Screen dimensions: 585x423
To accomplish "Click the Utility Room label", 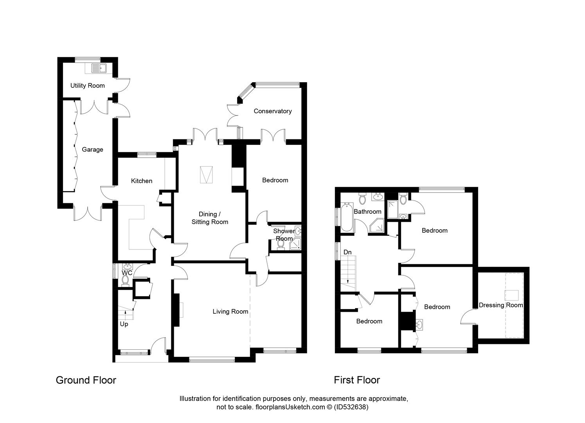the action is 88,85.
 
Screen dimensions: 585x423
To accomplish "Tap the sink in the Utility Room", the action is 99,69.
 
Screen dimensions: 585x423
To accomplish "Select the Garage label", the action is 92,150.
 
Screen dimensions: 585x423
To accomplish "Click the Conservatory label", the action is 273,111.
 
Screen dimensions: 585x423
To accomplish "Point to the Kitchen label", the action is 142,181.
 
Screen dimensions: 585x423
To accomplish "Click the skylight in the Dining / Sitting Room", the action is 207,175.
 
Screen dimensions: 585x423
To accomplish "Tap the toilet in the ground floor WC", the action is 125,281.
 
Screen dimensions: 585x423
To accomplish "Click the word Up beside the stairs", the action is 124,324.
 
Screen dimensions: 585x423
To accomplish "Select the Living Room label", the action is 230,311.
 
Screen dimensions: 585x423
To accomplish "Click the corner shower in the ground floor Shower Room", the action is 295,244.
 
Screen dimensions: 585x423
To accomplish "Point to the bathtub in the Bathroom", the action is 347,217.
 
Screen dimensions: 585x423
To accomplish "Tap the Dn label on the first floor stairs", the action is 347,252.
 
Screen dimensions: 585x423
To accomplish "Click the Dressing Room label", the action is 501,305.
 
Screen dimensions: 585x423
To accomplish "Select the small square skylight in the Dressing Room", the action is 511,295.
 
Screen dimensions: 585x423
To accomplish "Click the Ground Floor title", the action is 86,380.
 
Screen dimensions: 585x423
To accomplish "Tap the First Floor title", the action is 357,380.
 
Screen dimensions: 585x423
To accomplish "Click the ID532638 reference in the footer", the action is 351,407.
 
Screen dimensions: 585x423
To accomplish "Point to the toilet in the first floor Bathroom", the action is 362,199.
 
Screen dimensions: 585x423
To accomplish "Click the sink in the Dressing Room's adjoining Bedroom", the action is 419,325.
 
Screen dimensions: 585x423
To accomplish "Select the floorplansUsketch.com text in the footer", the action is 290,407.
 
